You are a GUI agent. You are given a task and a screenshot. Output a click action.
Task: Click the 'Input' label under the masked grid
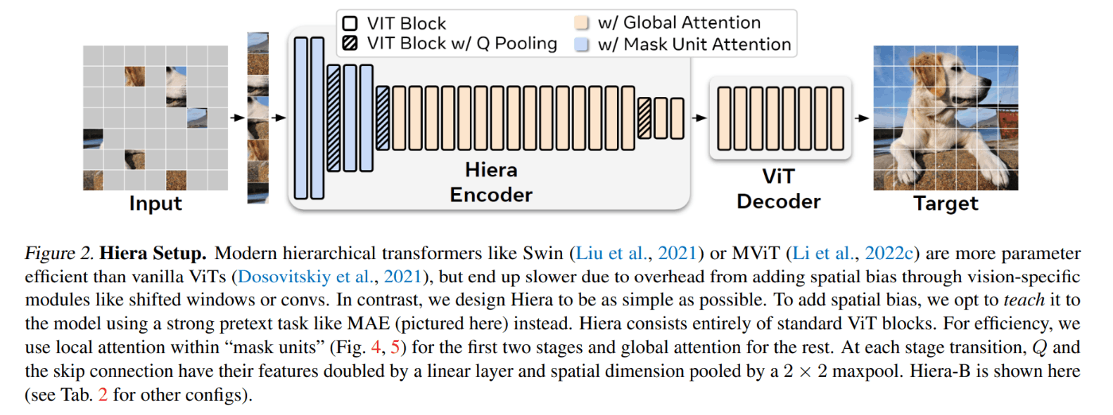click(x=156, y=204)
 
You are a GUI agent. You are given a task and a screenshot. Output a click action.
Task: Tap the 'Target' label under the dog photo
click(x=945, y=204)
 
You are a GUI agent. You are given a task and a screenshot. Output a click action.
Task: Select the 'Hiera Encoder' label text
click(x=491, y=182)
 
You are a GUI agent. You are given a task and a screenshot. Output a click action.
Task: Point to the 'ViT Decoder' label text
click(x=778, y=189)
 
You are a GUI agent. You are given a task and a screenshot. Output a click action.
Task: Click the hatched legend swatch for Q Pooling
click(x=351, y=44)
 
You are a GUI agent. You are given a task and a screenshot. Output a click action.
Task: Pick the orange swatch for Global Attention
click(x=581, y=23)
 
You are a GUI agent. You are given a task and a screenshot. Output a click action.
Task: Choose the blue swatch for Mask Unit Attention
click(x=581, y=45)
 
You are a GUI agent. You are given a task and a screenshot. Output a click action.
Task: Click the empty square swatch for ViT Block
click(x=351, y=23)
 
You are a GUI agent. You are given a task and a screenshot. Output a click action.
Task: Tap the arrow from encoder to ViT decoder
click(x=699, y=118)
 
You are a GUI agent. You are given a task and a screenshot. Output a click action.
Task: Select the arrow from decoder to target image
click(x=862, y=118)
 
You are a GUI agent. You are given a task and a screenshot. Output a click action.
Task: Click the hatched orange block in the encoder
click(x=645, y=118)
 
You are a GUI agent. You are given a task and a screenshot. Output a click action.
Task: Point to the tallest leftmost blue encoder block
click(x=301, y=118)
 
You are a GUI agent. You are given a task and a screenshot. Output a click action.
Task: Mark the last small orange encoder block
click(x=677, y=118)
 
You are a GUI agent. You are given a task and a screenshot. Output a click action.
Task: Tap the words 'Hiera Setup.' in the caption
click(x=153, y=254)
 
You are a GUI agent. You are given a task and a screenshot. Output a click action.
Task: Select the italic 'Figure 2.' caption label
click(x=59, y=254)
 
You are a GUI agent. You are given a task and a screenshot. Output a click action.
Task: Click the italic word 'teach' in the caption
click(x=1024, y=301)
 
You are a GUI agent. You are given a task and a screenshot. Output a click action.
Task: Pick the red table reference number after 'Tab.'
click(x=103, y=394)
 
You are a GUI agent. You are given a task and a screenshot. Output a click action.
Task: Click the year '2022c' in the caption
click(x=889, y=254)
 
